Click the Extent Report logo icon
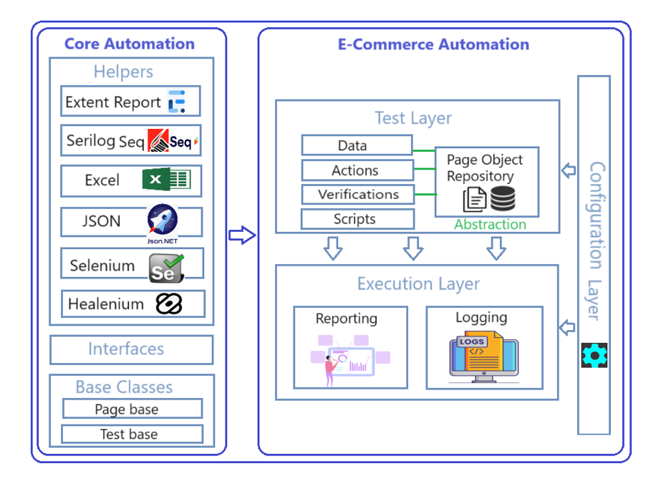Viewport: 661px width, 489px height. pos(176,102)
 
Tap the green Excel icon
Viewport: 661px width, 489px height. pos(166,179)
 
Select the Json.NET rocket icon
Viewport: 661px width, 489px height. pos(163,221)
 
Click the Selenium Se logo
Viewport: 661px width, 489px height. pos(166,266)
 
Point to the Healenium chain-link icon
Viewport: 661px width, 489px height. pos(169,304)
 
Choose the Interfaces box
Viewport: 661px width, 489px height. pos(131,349)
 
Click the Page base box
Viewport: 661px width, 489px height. pos(132,410)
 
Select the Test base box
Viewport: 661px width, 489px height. pos(132,434)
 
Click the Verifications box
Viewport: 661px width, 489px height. pos(357,194)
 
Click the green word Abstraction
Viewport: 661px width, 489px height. pos(490,224)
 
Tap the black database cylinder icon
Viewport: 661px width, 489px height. pos(503,198)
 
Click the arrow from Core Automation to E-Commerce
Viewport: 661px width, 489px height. pos(242,235)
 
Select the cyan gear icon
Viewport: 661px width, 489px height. pos(594,354)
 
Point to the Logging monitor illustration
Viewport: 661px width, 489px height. pos(483,355)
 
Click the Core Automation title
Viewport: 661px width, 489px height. pos(130,44)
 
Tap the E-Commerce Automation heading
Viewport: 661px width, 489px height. pos(433,44)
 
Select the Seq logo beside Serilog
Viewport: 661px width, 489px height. pos(173,141)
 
